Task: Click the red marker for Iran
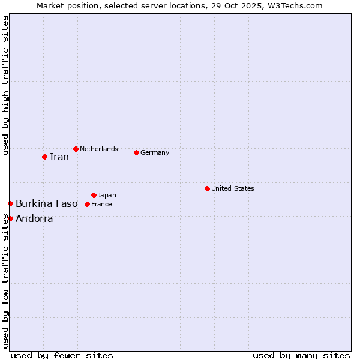coord(44,157)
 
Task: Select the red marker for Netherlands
coord(76,149)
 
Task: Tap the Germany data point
coord(136,152)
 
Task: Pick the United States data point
coord(207,188)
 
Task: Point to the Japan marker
coord(94,195)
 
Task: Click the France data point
coord(87,204)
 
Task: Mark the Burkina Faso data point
coord(10,204)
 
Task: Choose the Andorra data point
coord(10,218)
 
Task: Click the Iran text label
coord(59,157)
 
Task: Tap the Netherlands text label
coord(99,149)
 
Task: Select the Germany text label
coord(155,152)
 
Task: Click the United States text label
coord(233,188)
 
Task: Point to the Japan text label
coord(107,195)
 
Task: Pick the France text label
coord(101,204)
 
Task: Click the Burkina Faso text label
coord(47,204)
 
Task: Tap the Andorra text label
coord(34,218)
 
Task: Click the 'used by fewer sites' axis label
coord(62,355)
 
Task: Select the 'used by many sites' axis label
coord(301,355)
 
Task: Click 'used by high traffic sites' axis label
coord(5,86)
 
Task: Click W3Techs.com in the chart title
coord(295,5)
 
